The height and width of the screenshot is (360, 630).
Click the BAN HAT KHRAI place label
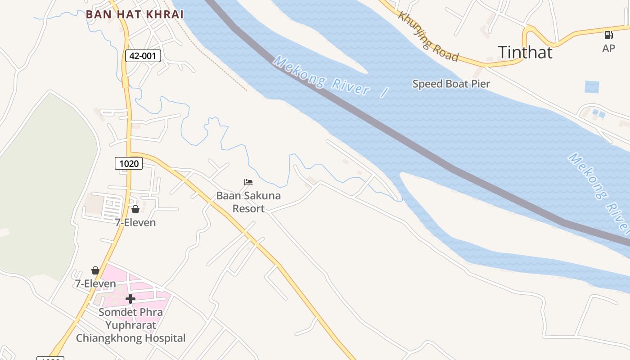coord(135,14)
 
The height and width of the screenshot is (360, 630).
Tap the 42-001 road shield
coord(143,56)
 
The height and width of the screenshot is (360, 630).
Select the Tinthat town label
coord(525,52)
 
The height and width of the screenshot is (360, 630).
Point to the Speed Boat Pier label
coord(451,84)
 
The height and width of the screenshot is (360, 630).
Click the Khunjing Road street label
coord(428,36)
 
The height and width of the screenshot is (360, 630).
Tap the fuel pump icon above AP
coord(608,35)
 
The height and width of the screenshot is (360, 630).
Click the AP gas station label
coord(608,48)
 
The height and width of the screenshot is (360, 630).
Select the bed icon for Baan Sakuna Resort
coord(248,182)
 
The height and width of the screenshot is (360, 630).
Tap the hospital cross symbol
coord(130,298)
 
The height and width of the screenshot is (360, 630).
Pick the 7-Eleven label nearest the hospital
coord(95,283)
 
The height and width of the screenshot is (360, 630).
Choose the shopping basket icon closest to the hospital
coord(95,270)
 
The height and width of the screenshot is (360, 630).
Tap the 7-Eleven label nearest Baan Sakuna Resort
coord(135,222)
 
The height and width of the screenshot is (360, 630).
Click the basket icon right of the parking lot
coord(135,209)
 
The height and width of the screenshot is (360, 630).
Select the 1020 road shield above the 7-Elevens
coord(129,163)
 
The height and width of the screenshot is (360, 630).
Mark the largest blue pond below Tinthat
coord(592,87)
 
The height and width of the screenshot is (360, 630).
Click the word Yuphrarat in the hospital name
coord(130,325)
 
